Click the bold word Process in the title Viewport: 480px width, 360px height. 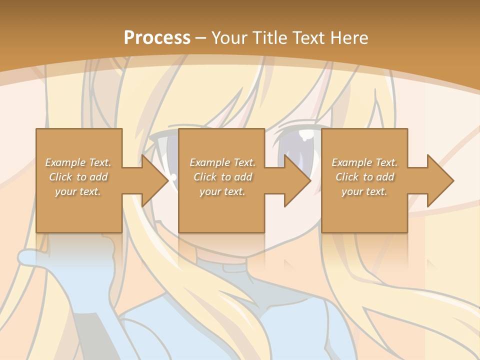(157, 38)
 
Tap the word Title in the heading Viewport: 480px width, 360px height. (268, 38)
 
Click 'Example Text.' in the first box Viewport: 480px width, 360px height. (78, 162)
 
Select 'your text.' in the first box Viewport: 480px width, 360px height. (78, 191)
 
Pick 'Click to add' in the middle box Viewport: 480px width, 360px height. (222, 177)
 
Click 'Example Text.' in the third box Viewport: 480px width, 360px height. (364, 162)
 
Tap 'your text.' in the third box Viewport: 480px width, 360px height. (364, 191)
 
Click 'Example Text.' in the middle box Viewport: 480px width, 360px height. (222, 162)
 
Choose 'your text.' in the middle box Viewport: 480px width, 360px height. (222, 191)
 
